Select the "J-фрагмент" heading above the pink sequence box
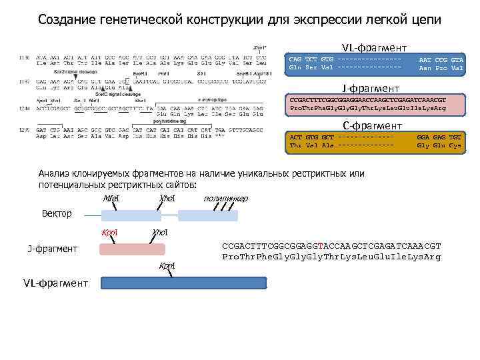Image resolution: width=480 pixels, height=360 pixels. pos(371,88)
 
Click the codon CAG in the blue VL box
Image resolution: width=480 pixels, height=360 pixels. pos(295,61)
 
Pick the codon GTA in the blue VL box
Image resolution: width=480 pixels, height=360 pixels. pos(457,61)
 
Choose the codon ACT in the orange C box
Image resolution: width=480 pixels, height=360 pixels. pos(295,137)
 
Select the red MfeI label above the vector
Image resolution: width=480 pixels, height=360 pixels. pos(111,199)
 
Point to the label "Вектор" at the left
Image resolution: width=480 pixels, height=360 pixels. pos(57,214)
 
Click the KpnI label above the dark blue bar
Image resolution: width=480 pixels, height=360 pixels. pos(167,266)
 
